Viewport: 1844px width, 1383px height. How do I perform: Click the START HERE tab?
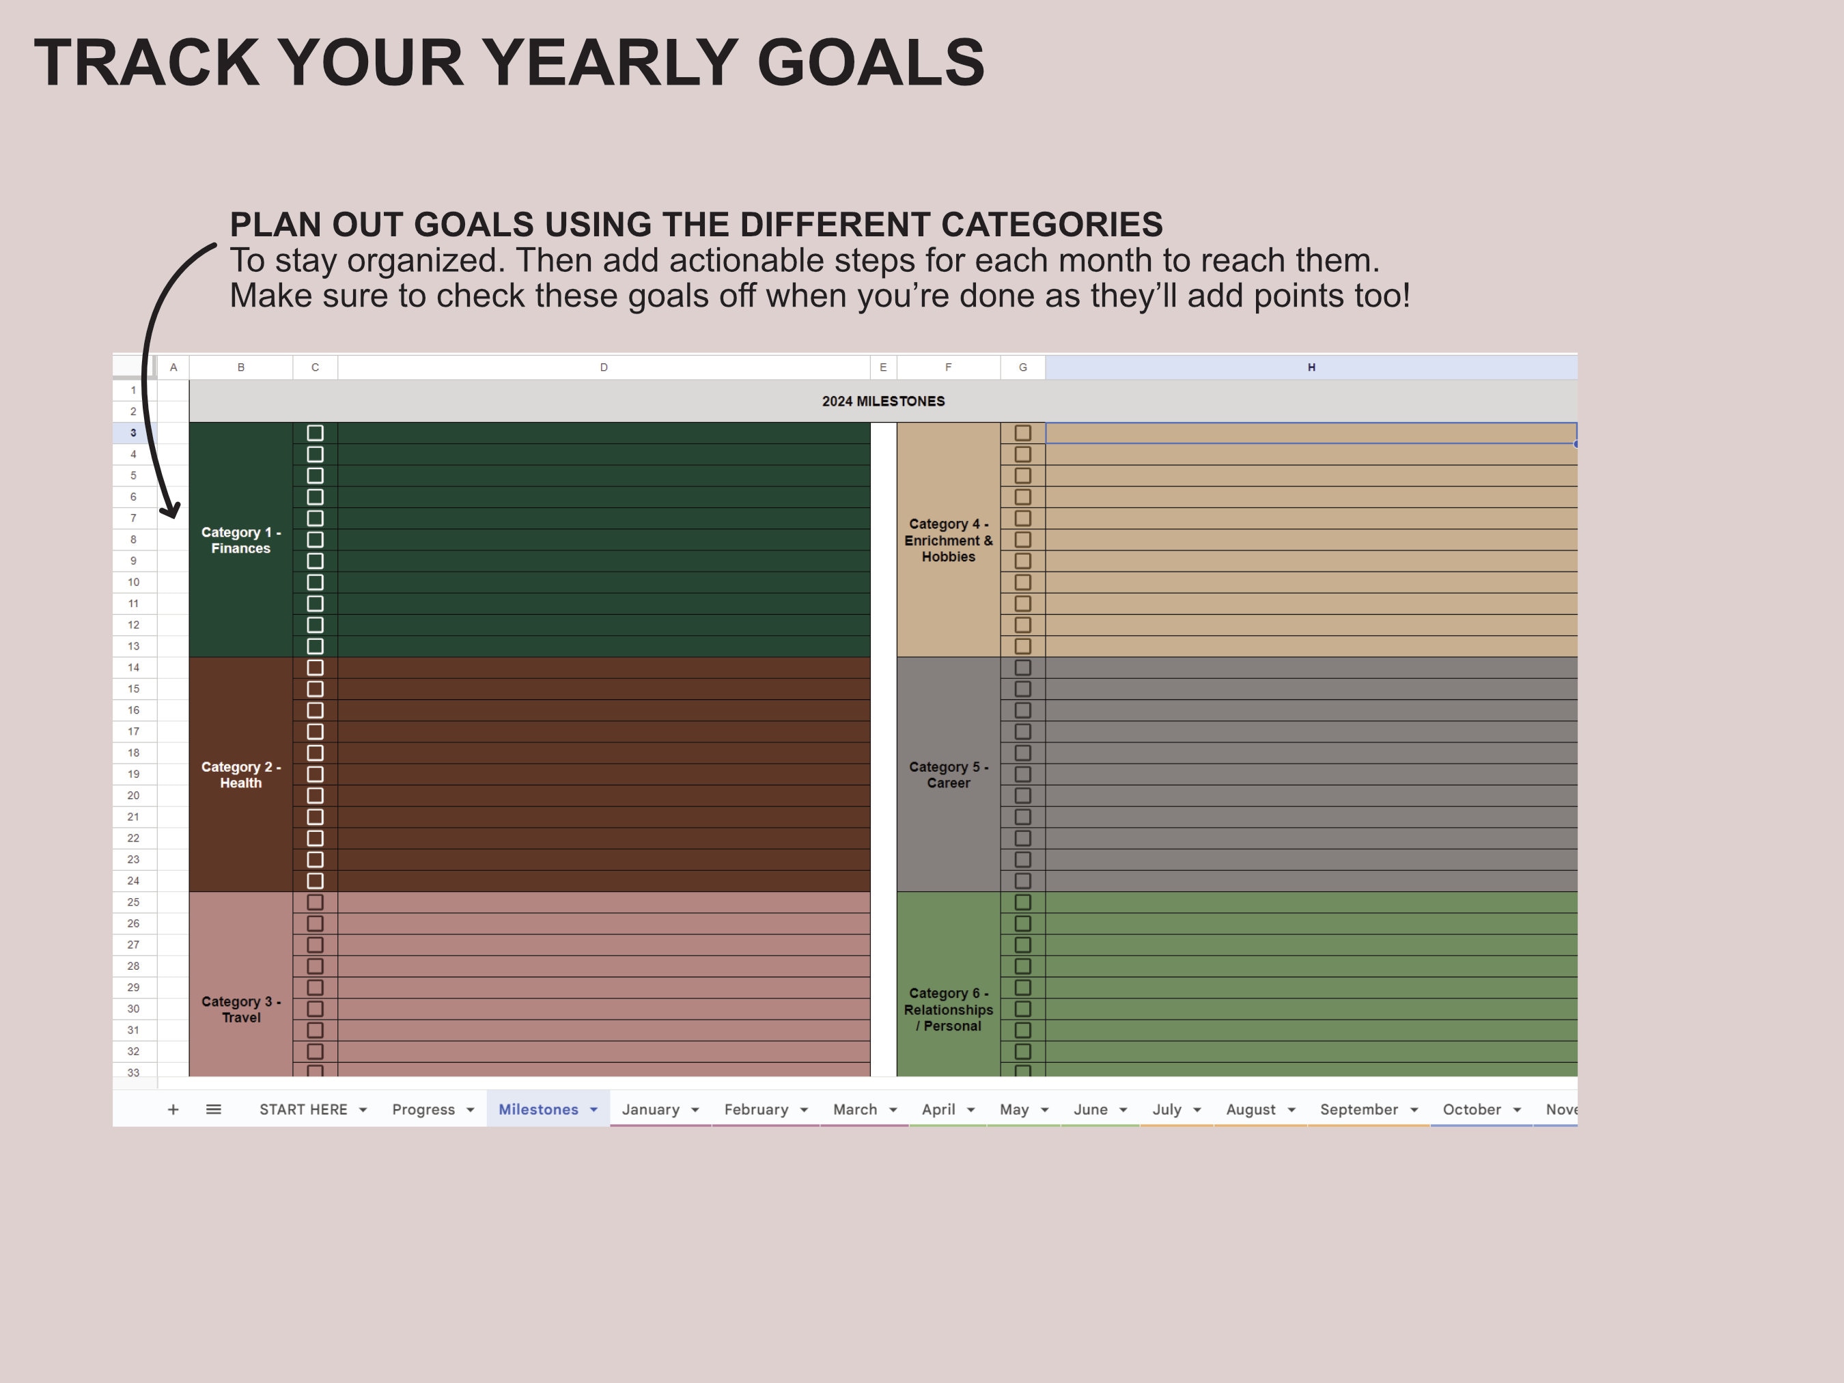pos(303,1110)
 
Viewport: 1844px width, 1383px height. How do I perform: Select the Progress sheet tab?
pos(423,1110)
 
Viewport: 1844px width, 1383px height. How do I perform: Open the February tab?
pos(755,1110)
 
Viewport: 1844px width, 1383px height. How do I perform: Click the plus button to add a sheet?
pos(173,1110)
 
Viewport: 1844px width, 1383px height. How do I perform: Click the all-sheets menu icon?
pos(213,1110)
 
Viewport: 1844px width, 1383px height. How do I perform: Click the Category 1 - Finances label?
pos(241,540)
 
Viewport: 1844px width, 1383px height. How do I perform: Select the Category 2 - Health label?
pos(241,774)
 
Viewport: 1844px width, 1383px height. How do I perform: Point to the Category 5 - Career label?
pos(948,774)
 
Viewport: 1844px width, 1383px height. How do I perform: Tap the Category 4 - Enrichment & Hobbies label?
pos(948,540)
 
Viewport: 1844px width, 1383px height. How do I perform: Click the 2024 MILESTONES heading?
pos(883,401)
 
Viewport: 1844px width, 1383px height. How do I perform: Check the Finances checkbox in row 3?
pos(315,432)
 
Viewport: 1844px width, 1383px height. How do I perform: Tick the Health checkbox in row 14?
pos(315,668)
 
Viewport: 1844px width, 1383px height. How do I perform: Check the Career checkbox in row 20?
pos(1023,795)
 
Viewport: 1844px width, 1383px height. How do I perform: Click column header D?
pos(604,367)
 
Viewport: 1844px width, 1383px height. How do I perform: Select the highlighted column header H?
pos(1311,367)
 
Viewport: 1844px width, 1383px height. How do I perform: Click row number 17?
pos(133,731)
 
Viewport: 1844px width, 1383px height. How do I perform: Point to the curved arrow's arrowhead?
pos(171,509)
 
